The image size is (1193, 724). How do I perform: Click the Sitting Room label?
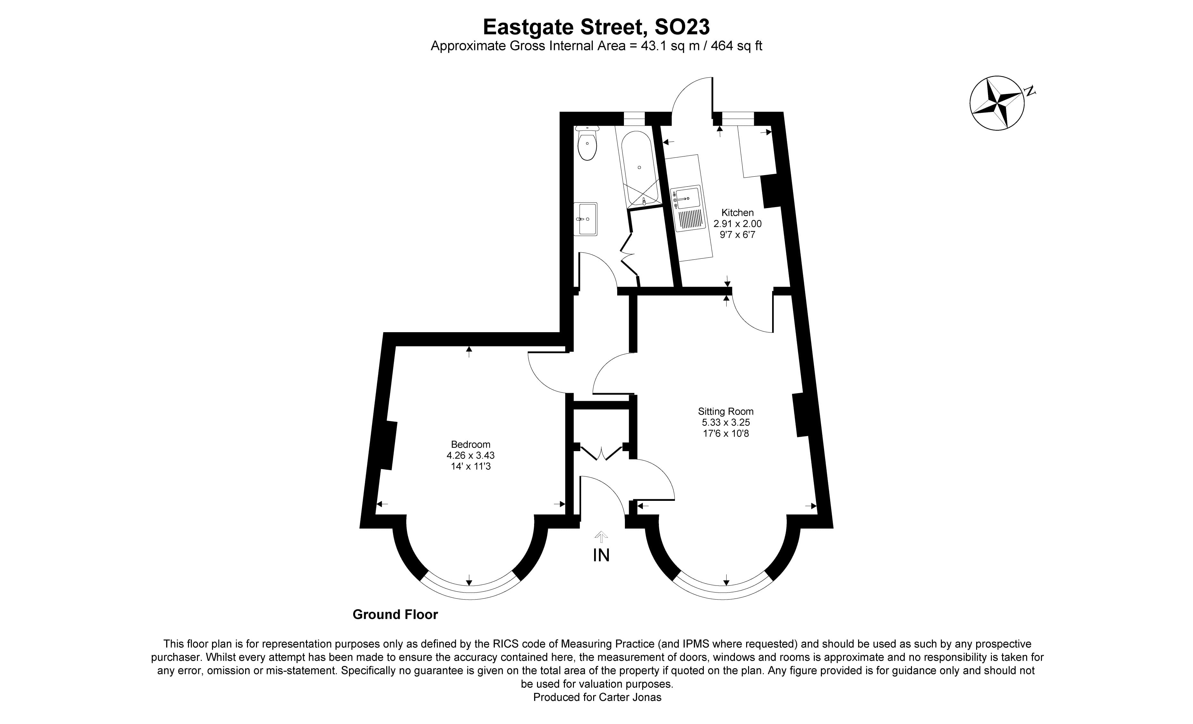coord(725,411)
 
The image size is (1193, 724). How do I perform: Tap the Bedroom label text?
coord(470,444)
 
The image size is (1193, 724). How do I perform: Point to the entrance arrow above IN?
coord(601,536)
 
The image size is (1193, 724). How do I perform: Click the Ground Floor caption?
coord(395,615)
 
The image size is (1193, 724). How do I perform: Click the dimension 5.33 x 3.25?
coord(726,423)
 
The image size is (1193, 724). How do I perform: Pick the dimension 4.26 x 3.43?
coord(470,455)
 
